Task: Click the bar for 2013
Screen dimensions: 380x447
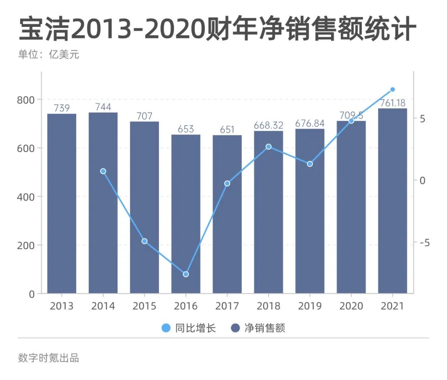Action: [62, 203]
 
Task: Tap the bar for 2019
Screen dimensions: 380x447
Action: [310, 211]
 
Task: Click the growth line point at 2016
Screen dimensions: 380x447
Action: [186, 274]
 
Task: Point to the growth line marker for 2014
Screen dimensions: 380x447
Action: [103, 171]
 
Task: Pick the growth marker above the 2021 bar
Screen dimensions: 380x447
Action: [393, 89]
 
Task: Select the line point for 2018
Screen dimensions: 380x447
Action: [269, 147]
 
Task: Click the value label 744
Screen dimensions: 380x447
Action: [103, 107]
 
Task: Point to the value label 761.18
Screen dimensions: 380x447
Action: [393, 103]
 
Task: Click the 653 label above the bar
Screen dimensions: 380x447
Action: [186, 129]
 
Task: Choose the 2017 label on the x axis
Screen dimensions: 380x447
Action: [227, 306]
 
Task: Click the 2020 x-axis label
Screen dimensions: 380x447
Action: [351, 306]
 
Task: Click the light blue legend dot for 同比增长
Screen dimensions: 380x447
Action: [166, 329]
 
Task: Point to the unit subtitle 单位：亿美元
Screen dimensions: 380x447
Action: [48, 55]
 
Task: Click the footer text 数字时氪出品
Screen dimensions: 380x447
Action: [48, 358]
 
